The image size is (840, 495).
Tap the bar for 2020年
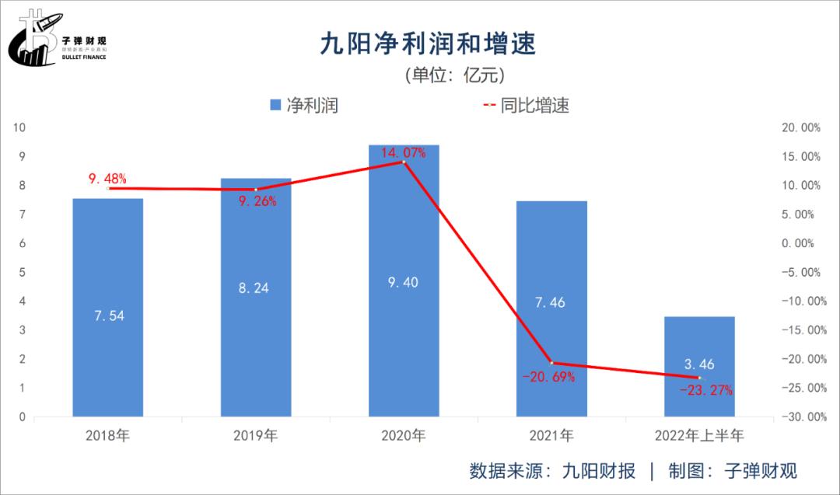(404, 280)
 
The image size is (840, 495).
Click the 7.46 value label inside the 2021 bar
(551, 302)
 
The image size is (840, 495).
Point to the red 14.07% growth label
(404, 153)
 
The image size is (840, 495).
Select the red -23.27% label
(705, 390)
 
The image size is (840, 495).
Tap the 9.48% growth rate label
(107, 180)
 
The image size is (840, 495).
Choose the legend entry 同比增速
(527, 105)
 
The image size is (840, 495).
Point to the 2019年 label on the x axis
(255, 435)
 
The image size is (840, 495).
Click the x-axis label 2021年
(551, 435)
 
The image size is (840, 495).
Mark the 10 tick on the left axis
(21, 127)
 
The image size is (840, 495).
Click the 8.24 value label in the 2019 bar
(255, 288)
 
